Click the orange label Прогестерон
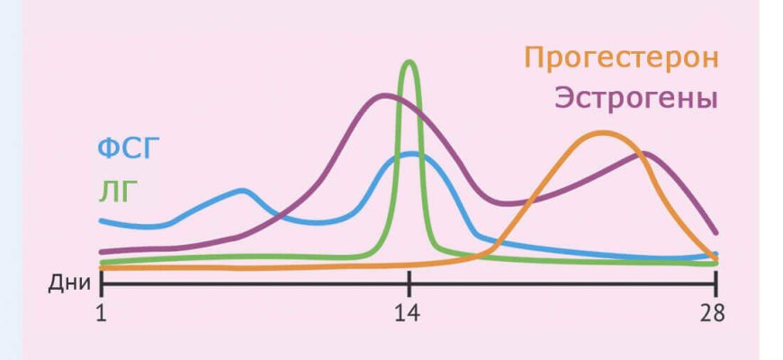click(622, 58)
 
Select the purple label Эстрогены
click(635, 97)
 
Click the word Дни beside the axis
click(69, 283)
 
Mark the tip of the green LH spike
click(410, 61)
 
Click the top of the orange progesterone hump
click(602, 133)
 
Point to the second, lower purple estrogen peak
click(644, 154)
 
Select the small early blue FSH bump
click(241, 190)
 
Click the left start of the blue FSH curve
click(102, 220)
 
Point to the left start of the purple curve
click(102, 252)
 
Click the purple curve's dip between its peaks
click(509, 203)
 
